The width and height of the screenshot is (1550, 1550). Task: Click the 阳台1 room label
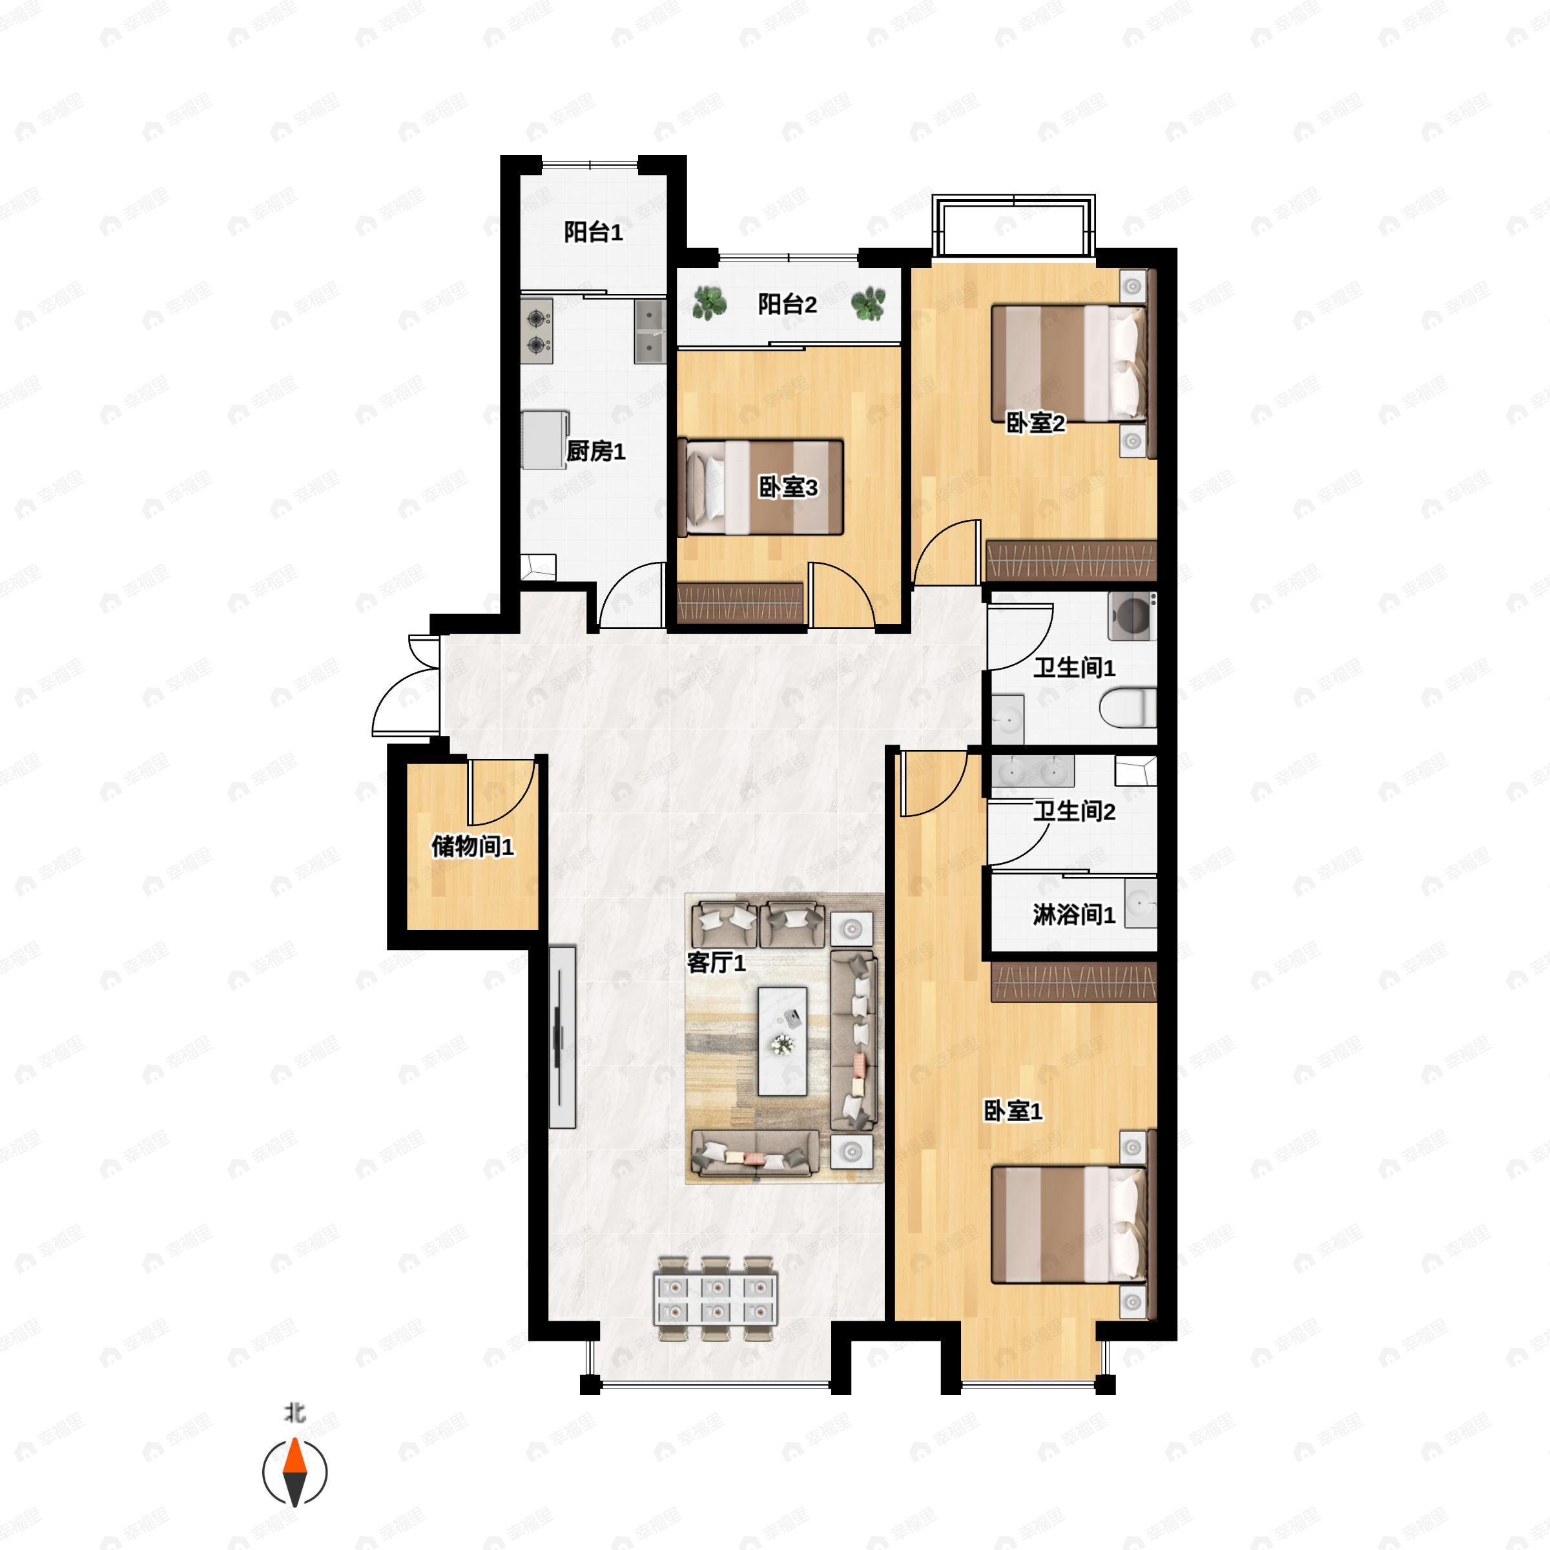593,232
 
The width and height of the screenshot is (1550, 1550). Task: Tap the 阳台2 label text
787,305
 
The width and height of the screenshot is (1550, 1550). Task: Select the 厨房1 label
595,451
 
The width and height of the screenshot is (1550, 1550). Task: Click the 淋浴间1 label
1073,914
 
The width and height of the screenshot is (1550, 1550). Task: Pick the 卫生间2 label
1073,811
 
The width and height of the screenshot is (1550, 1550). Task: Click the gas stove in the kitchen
537,331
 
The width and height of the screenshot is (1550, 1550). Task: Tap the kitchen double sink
650,331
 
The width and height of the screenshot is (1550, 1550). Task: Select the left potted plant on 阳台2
709,304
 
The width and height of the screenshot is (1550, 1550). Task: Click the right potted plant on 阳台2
868,304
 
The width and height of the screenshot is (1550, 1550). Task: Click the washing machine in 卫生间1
1132,616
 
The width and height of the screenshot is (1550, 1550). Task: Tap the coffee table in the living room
783,1040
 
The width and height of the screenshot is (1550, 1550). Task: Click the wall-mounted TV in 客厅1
563,1037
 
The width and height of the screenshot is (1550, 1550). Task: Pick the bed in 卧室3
761,487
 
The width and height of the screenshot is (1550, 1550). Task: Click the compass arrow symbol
295,1472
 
